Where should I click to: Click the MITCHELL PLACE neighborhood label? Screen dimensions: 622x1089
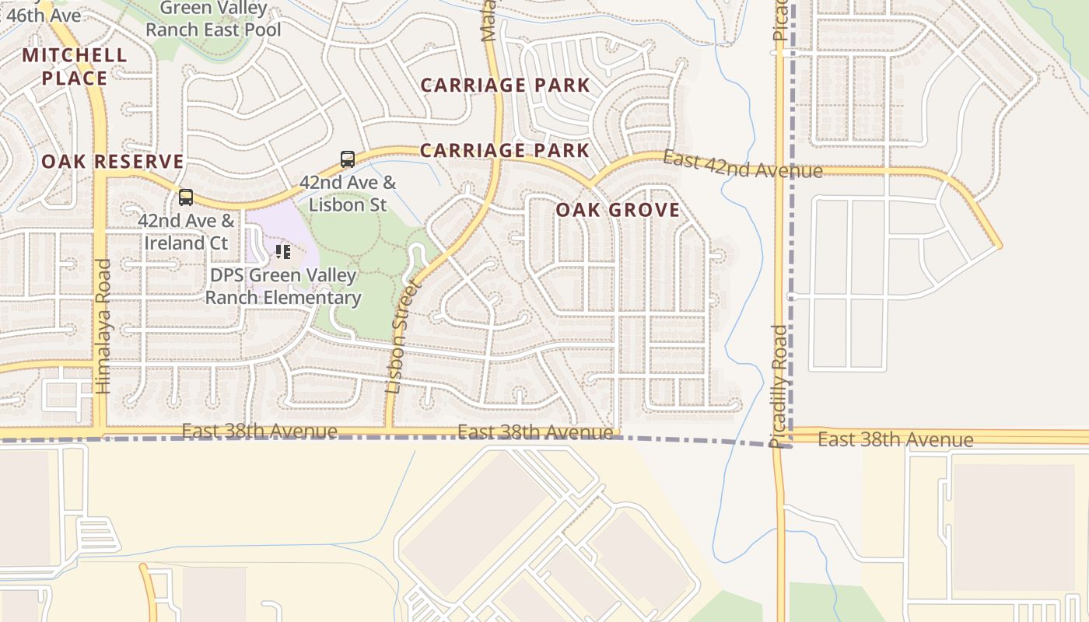point(74,66)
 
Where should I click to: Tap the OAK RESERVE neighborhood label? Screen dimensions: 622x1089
point(113,162)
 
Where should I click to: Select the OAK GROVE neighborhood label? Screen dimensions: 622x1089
point(618,210)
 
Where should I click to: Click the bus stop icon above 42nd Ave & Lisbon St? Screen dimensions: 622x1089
point(348,159)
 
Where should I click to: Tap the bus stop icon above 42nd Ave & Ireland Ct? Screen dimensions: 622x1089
point(185,197)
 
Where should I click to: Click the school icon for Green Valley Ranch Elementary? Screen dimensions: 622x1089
point(283,251)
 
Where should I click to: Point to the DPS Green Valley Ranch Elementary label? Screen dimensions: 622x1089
point(283,286)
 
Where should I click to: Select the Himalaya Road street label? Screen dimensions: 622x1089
point(103,326)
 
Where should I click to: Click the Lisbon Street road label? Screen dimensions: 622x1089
point(402,337)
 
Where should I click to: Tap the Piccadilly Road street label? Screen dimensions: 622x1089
point(779,386)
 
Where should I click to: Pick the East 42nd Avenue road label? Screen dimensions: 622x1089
point(742,165)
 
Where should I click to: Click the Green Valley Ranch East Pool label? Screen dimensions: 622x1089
point(213,19)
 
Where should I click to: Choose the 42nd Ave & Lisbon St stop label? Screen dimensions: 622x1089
point(348,194)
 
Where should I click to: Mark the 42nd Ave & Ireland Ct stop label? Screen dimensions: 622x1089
point(186,232)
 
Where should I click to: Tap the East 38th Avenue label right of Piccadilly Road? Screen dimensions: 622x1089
point(895,439)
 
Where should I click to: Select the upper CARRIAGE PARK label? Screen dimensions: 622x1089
point(505,85)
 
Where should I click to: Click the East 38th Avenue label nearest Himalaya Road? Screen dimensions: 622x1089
point(259,431)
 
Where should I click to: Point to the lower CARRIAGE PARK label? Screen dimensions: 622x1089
point(505,150)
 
